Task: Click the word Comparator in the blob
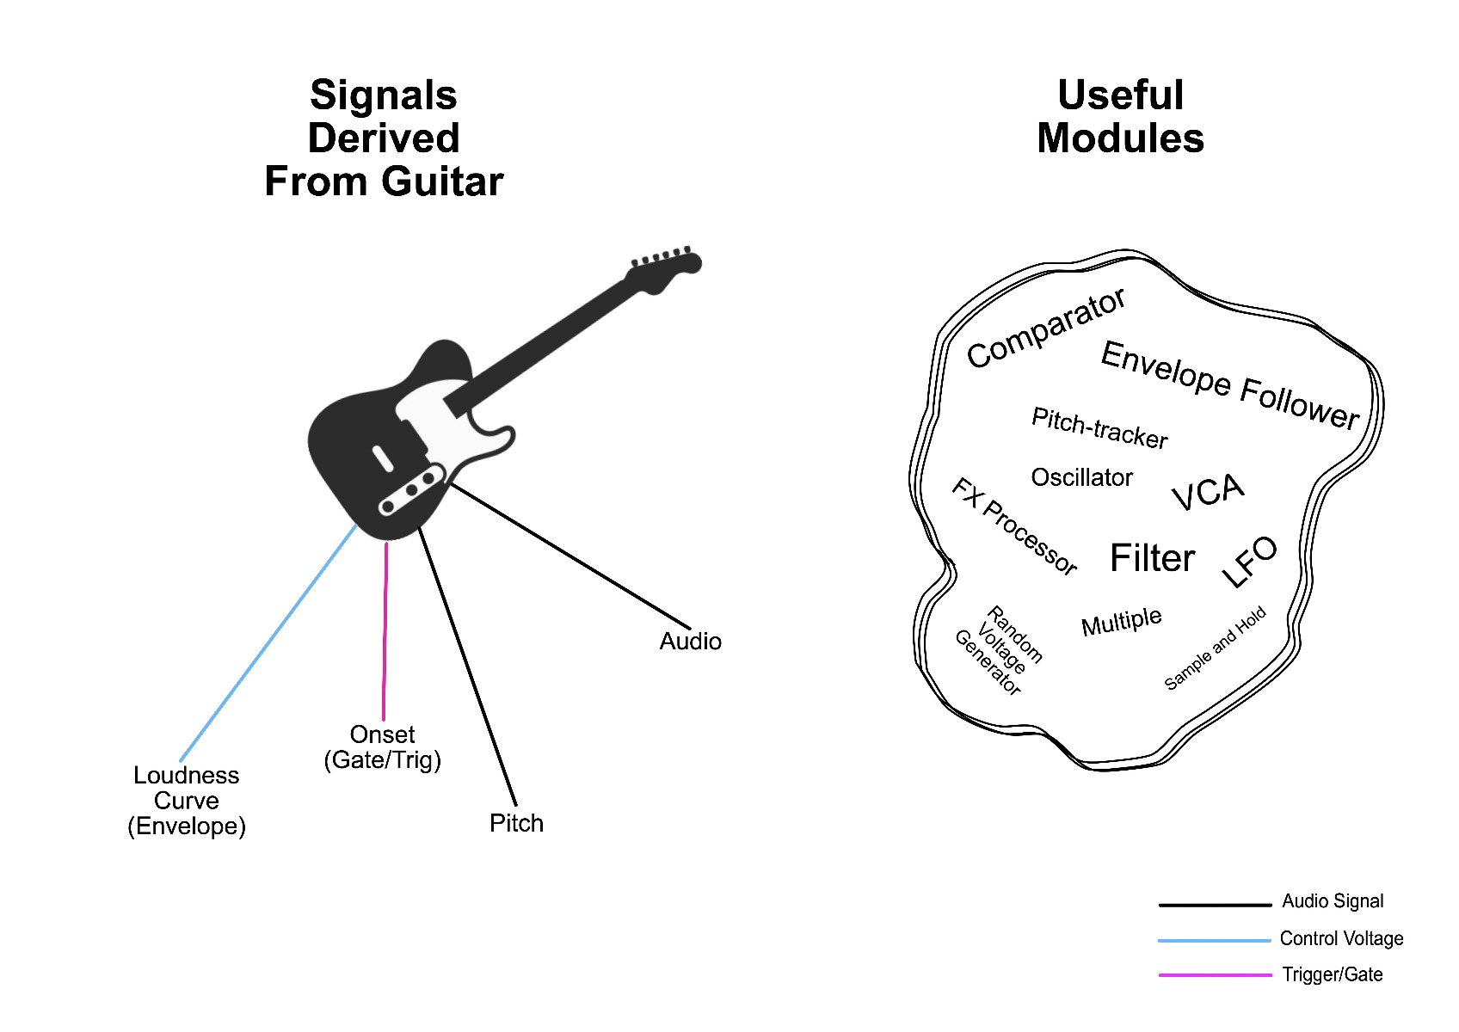tap(1045, 328)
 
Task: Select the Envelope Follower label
tap(1229, 385)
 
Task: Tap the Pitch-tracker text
tap(1100, 427)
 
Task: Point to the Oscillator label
tap(1082, 477)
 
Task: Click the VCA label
tap(1208, 491)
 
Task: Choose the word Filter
tap(1152, 558)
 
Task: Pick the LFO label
tap(1248, 562)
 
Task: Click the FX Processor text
tap(1014, 526)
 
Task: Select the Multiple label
tap(1122, 622)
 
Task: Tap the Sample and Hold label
tap(1215, 648)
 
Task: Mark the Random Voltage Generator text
tap(999, 650)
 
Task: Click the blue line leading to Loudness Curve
tap(268, 642)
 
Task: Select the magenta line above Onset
tap(385, 631)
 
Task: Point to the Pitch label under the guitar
tap(516, 823)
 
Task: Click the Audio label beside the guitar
tap(691, 642)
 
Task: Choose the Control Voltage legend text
tap(1341, 938)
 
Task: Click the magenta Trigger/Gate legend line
tap(1215, 974)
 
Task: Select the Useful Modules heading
tap(1120, 117)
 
